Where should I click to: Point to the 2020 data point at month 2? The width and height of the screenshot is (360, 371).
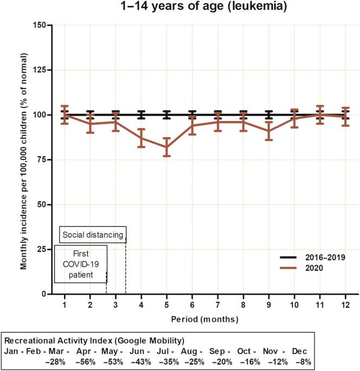(90, 124)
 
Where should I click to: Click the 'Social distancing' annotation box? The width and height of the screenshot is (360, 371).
(93, 235)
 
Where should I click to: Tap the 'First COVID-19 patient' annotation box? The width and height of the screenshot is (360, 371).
(80, 264)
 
